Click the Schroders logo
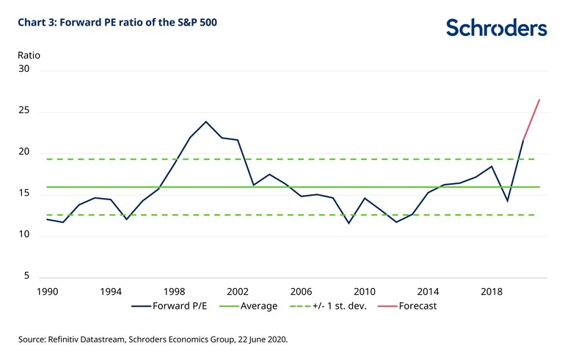(496, 28)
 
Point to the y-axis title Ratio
(29, 55)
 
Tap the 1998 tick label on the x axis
(174, 291)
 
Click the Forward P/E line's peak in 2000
(206, 122)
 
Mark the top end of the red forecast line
(539, 100)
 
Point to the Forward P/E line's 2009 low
(349, 222)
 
